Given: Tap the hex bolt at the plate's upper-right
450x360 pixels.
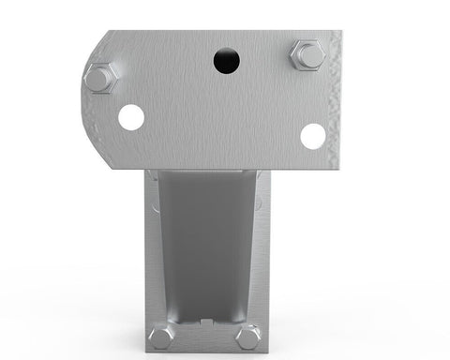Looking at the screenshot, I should (x=307, y=55).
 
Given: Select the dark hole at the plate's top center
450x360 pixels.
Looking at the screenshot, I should (x=226, y=62).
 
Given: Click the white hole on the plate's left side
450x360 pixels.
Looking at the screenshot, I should (x=131, y=117).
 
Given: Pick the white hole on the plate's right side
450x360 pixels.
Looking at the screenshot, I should (x=312, y=136).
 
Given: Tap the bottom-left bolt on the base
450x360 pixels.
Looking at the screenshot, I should (x=160, y=337).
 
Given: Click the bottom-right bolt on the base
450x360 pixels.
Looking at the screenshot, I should (x=248, y=337).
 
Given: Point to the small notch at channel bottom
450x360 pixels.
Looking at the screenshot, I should (x=204, y=325).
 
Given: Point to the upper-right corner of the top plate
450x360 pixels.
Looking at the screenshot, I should (x=338, y=33).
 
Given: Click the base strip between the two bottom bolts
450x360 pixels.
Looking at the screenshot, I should (x=204, y=342).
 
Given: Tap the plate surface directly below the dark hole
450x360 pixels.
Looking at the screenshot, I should (x=226, y=112).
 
